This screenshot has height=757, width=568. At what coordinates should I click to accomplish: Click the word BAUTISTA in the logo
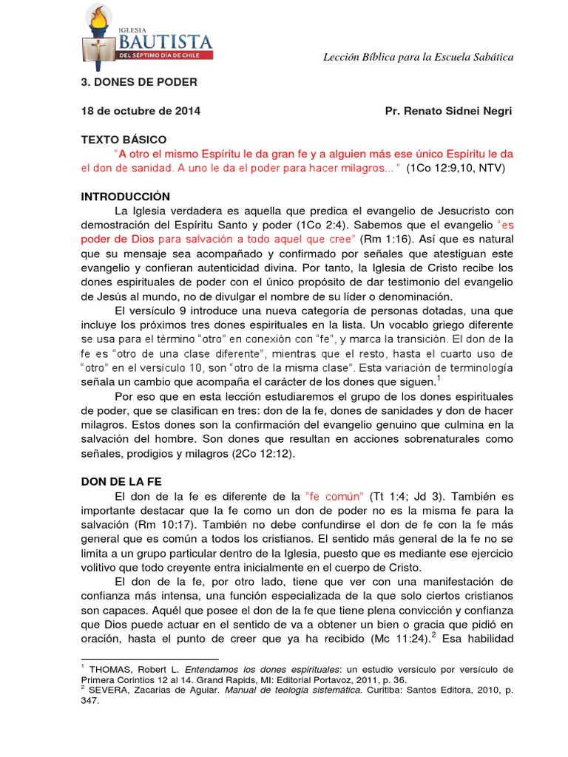pos(165,38)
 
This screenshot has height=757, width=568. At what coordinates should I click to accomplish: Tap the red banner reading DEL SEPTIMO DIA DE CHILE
pos(165,55)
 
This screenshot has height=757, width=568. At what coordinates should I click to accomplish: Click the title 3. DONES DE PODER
pos(138,81)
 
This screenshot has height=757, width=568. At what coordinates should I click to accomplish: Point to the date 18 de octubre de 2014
pos(140,110)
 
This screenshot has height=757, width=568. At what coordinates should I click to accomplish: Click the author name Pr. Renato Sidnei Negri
pos(448,110)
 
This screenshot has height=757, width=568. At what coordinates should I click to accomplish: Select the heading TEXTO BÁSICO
pos(124,139)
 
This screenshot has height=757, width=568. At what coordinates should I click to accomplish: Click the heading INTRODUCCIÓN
pos(125,197)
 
